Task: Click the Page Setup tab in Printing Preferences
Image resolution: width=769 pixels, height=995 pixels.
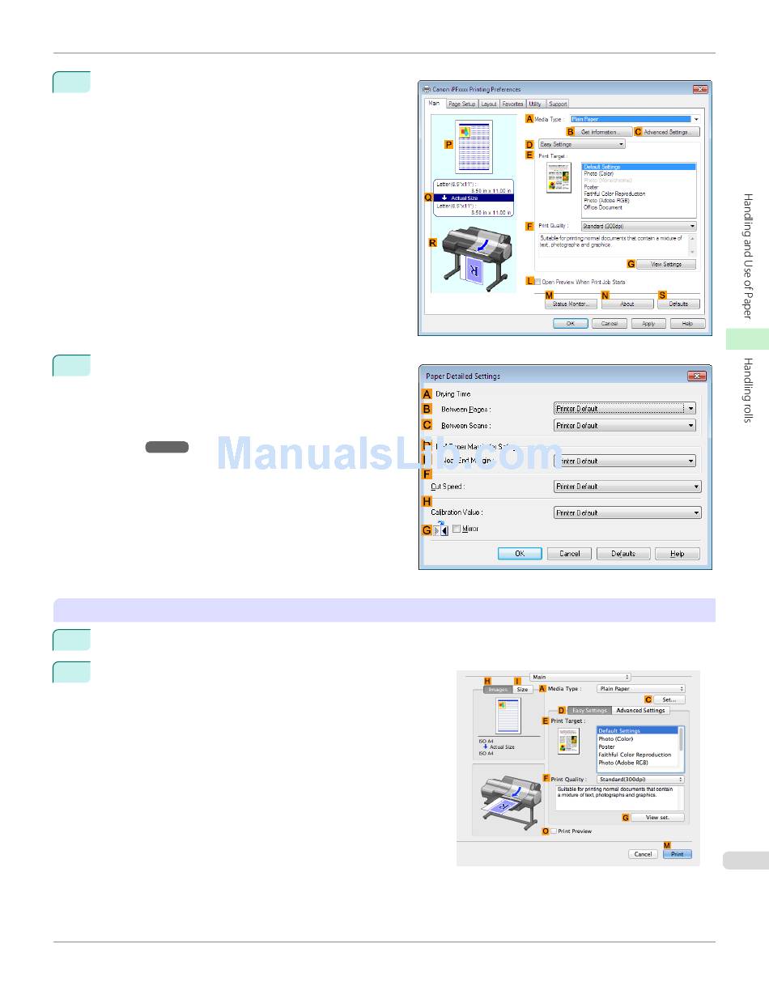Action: pos(462,104)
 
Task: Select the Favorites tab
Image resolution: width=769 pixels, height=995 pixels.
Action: pos(512,104)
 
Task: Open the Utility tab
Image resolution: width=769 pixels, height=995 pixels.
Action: pos(535,104)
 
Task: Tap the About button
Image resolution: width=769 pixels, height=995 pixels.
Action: pos(627,304)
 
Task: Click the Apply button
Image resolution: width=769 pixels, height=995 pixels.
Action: pos(648,323)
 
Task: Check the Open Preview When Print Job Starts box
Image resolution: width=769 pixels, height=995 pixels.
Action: pos(537,282)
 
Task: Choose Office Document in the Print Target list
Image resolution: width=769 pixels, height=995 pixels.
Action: pos(603,207)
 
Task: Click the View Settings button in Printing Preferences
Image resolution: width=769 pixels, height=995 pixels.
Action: pos(665,264)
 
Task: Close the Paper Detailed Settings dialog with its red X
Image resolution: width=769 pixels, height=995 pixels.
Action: pos(696,376)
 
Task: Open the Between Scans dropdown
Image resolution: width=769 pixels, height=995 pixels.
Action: pos(625,425)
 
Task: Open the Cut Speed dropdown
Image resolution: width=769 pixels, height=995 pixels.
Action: pos(627,487)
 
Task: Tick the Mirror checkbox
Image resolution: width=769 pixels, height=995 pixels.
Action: pos(457,529)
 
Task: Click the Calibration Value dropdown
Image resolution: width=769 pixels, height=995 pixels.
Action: pos(627,512)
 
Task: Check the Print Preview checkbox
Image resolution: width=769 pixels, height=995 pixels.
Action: pos(554,831)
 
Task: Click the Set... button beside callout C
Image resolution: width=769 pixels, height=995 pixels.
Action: pos(669,699)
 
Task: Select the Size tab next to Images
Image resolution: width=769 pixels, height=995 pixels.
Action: pos(522,689)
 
